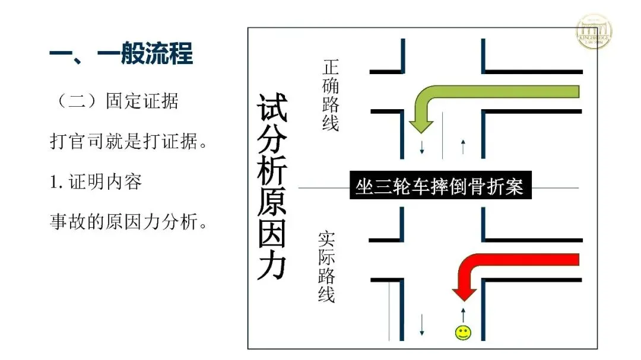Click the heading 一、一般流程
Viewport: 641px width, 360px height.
121,55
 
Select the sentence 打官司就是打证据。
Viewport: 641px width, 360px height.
128,142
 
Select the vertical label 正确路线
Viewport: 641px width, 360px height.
330,95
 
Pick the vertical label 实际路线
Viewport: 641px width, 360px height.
326,267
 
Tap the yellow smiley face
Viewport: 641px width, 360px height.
463,333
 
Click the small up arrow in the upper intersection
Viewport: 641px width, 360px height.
463,146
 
